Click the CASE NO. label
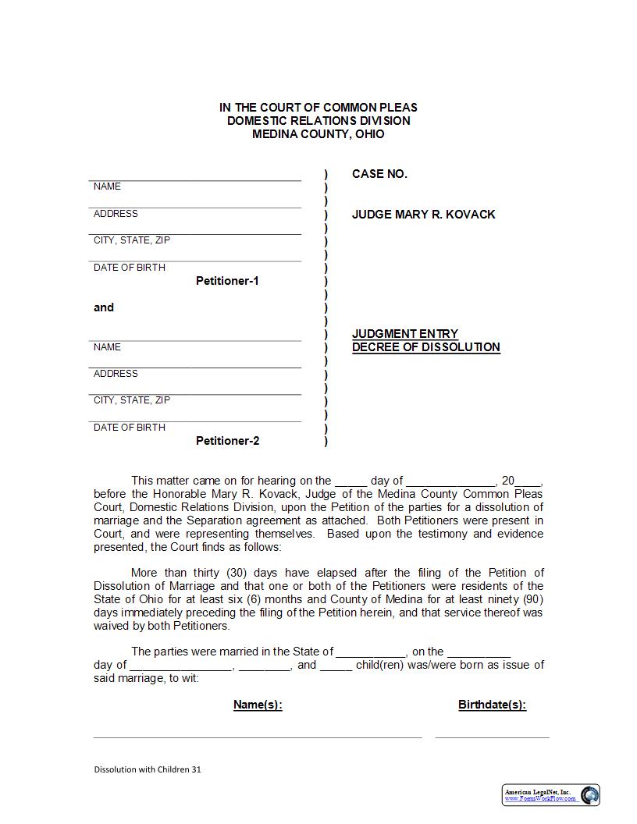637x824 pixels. [x=379, y=174]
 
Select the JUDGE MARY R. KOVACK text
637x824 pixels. [x=423, y=215]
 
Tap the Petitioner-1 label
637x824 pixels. [x=227, y=281]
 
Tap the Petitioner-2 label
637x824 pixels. [x=227, y=441]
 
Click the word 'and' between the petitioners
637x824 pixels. [x=104, y=307]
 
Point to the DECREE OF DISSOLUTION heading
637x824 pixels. [x=425, y=347]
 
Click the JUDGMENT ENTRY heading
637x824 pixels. [x=405, y=334]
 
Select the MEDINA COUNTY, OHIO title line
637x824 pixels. [x=318, y=134]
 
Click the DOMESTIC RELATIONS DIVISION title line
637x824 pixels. [x=318, y=121]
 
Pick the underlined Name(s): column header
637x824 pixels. [x=258, y=705]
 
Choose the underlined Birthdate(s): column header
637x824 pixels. [x=492, y=705]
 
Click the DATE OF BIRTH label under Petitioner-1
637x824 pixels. [x=130, y=268]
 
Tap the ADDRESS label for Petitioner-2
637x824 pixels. [x=116, y=374]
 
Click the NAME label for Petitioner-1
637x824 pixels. [x=107, y=186]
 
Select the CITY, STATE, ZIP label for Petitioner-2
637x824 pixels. [x=132, y=400]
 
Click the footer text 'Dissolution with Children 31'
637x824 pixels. [x=148, y=769]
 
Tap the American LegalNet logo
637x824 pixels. [x=550, y=795]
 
